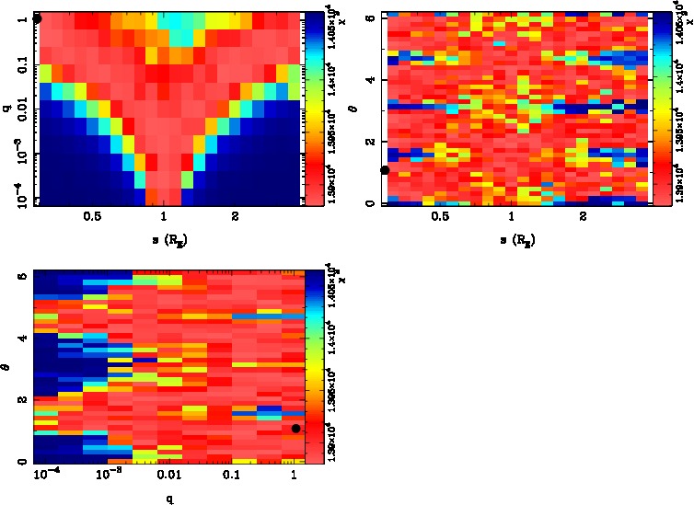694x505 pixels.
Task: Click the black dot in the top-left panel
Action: (37, 18)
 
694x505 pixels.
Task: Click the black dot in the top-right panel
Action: (385, 169)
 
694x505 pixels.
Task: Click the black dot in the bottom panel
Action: (295, 428)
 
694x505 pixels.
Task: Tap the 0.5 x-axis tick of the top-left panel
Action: (92, 218)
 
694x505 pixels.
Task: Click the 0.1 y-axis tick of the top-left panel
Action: (22, 66)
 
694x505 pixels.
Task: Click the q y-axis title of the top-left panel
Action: (7, 108)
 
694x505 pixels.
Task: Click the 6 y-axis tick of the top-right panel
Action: (370, 17)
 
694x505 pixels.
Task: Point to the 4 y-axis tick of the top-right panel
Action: (370, 80)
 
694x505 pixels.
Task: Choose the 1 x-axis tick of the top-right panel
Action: (511, 218)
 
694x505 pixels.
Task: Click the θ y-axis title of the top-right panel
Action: (355, 108)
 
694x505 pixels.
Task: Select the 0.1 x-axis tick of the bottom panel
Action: (230, 474)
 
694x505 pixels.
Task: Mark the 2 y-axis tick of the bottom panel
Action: (22, 399)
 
